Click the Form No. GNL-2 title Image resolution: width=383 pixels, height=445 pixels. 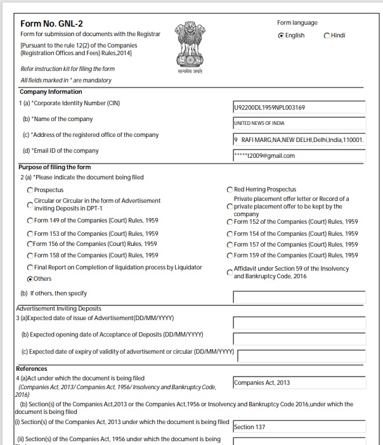click(x=52, y=23)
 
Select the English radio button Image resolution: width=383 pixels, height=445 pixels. click(x=282, y=35)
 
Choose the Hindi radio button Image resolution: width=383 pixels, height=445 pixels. click(x=327, y=35)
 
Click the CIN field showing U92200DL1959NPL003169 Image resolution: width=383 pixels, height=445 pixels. click(x=299, y=108)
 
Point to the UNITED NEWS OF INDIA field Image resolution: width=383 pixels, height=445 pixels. click(x=299, y=124)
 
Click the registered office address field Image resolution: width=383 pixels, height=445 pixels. click(x=299, y=139)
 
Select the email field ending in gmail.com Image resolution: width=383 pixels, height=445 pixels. click(x=299, y=155)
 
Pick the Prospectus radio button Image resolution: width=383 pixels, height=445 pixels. click(x=30, y=190)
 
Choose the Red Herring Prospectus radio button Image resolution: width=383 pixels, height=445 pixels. click(x=230, y=190)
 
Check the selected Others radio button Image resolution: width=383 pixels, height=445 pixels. click(x=30, y=279)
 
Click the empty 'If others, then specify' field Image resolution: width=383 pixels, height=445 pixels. click(x=299, y=297)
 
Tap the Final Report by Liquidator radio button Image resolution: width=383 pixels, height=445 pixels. click(x=30, y=268)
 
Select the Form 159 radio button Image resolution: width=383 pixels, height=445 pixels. click(x=230, y=256)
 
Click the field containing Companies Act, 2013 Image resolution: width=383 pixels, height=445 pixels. click(x=299, y=383)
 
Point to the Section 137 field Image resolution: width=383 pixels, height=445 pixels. click(x=299, y=427)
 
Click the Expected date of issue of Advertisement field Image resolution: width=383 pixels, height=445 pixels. click(x=299, y=322)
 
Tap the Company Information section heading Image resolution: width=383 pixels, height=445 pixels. click(x=51, y=92)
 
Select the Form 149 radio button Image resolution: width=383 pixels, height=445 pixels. click(x=30, y=221)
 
